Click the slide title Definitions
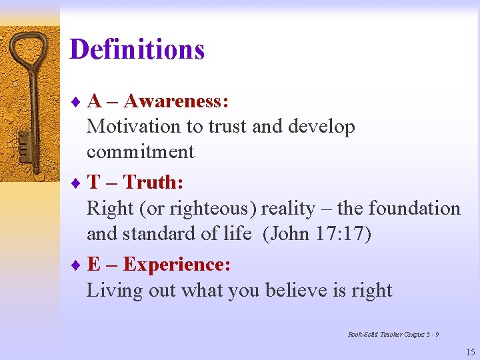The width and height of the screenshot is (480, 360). pos(137,49)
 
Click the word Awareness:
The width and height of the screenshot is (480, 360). pos(177,101)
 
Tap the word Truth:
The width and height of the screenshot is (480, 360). pos(154,182)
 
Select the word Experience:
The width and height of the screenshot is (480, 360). pos(177,265)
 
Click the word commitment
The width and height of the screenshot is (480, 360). pos(140,152)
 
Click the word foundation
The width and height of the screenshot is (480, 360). pos(413,209)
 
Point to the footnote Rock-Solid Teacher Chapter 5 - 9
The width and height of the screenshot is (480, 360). pos(393,334)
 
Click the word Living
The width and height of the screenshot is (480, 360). pos(109,291)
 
